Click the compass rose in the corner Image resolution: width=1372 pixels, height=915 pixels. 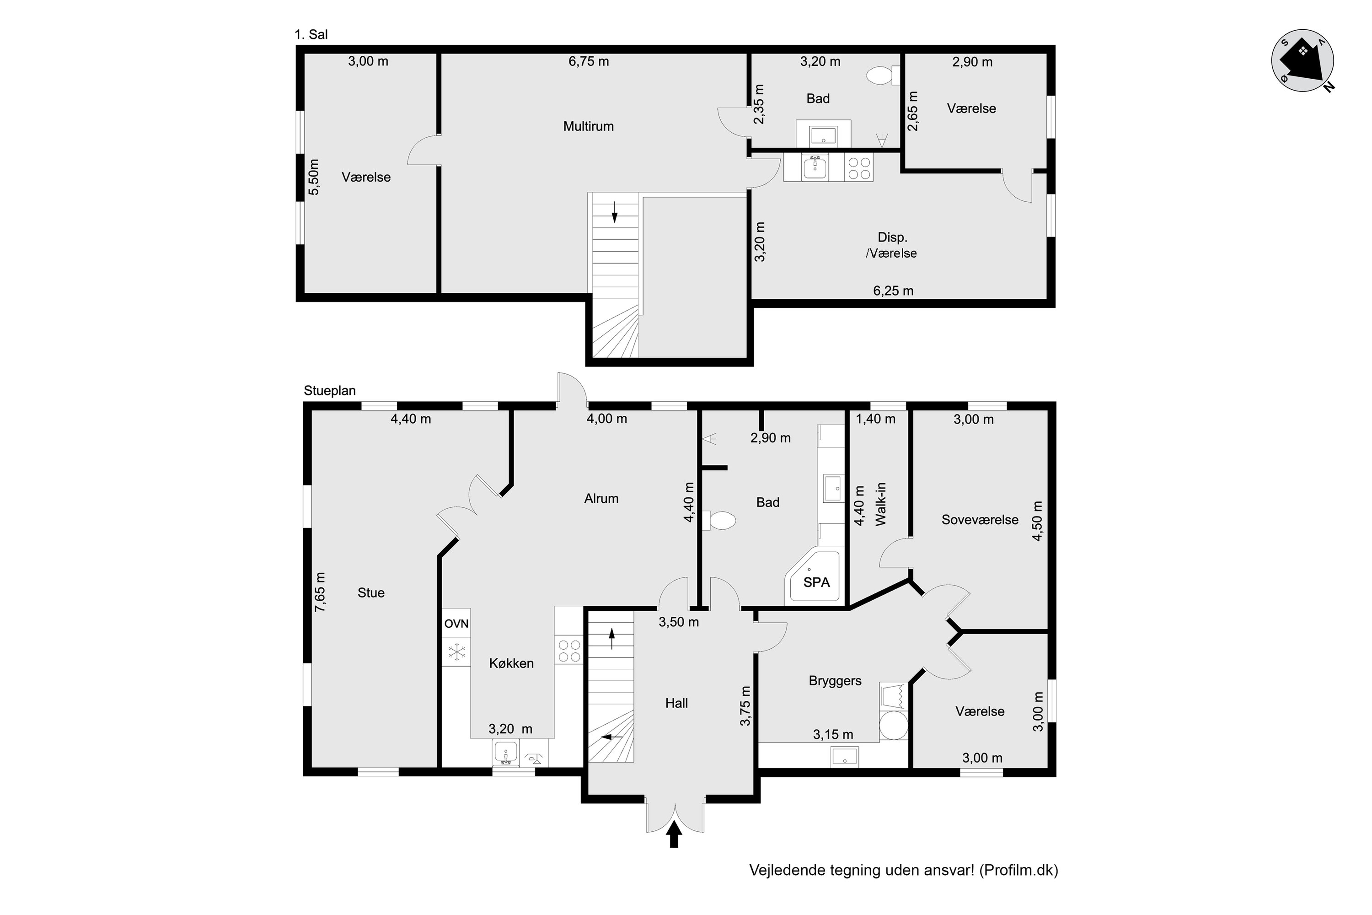[x=1302, y=61]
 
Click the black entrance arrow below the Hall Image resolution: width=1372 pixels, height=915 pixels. [x=674, y=834]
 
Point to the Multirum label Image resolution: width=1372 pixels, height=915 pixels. [x=588, y=126]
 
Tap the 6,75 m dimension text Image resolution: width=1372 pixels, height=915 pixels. [x=589, y=61]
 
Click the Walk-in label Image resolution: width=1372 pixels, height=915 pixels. [x=880, y=504]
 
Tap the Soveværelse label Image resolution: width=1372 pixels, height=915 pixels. [x=980, y=519]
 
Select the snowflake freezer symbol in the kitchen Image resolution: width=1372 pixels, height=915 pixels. [x=456, y=651]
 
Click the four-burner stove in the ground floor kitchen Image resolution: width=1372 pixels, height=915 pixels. [x=569, y=651]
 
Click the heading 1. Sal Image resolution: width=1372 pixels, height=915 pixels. [x=311, y=34]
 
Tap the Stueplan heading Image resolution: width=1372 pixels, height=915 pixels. [x=330, y=390]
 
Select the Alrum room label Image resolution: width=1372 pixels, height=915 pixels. [x=601, y=498]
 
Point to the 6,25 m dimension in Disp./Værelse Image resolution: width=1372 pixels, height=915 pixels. [x=893, y=291]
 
